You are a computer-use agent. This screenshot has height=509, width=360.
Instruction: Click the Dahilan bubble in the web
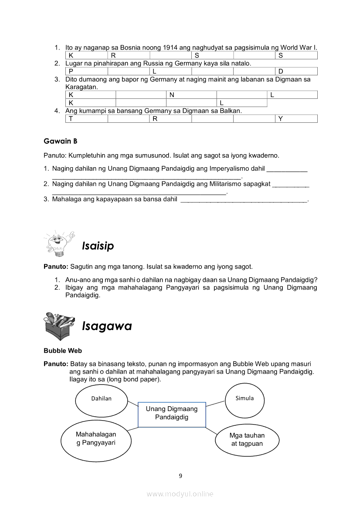102,398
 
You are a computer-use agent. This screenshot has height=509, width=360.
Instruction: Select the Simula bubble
245,398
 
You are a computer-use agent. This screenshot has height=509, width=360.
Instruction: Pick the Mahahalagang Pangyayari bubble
96,439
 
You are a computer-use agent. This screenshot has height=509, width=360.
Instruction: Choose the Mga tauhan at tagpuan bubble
247,440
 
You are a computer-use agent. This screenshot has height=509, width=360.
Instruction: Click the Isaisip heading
98,246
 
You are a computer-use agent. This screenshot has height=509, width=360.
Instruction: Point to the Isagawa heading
107,326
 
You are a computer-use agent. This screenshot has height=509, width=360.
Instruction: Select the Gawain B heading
61,141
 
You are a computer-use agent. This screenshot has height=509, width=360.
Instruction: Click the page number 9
180,475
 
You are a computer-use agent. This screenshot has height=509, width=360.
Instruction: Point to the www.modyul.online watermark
180,494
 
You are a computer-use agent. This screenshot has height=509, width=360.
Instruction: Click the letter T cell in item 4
86,118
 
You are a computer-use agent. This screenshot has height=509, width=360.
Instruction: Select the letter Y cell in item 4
296,118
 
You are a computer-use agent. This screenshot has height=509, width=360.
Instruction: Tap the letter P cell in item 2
86,71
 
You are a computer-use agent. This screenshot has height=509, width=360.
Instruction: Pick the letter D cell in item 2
296,71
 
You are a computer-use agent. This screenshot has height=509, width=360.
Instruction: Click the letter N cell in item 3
191,95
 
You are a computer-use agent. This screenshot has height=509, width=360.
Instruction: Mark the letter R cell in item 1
129,55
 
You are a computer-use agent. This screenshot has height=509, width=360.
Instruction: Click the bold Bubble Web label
63,351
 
